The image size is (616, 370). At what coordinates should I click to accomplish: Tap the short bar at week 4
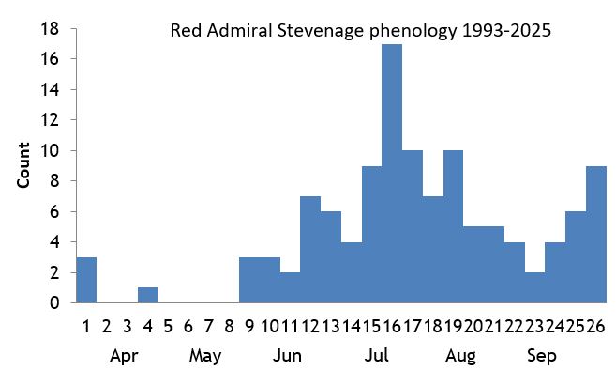147,295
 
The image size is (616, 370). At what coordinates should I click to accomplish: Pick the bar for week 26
597,234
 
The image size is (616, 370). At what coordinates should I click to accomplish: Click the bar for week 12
310,249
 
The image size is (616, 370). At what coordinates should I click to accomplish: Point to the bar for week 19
453,226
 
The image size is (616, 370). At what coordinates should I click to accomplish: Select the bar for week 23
534,287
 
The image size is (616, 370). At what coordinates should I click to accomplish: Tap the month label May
204,356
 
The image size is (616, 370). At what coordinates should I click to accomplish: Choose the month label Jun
288,356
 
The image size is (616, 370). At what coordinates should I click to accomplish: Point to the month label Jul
377,356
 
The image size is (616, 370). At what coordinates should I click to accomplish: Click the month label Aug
460,356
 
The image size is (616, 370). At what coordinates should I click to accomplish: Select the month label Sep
541,356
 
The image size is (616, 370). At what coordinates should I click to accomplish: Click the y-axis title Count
24,165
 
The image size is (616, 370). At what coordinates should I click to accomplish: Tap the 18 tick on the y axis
53,29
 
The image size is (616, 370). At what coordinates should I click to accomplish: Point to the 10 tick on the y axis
53,150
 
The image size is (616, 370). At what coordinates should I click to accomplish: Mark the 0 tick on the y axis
56,303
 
